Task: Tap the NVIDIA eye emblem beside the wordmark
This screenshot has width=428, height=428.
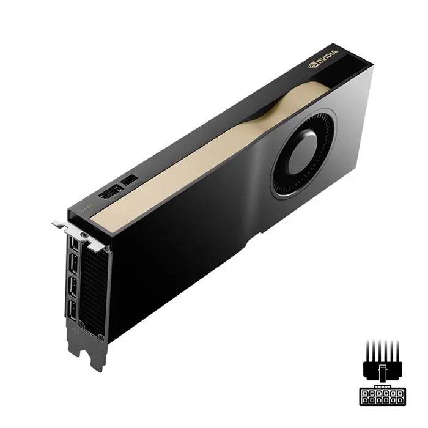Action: [314, 63]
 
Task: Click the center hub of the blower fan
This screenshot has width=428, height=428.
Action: [301, 153]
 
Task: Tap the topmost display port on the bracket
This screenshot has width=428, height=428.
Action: [74, 245]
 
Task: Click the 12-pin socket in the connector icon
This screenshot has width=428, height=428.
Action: [382, 396]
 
